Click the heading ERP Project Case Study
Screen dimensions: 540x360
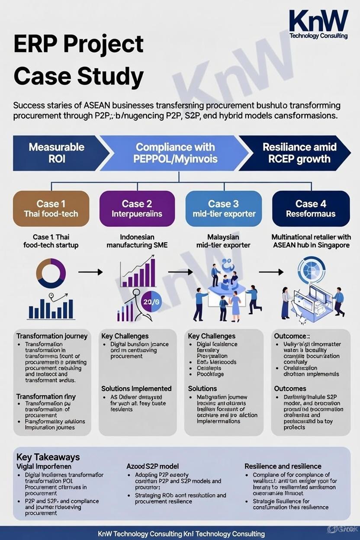(x=78, y=60)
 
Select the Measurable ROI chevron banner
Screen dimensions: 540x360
(x=57, y=153)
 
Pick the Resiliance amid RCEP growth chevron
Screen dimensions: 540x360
(x=299, y=153)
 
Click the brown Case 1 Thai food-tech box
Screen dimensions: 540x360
(x=51, y=209)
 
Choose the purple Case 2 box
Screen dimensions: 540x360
(x=137, y=209)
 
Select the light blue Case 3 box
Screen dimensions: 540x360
(x=223, y=209)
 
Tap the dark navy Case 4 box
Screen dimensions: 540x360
(x=310, y=209)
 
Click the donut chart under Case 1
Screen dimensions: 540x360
(x=51, y=273)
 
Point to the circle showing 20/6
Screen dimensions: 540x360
(x=151, y=301)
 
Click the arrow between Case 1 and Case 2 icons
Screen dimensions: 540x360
(x=90, y=272)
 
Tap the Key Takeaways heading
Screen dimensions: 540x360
(x=48, y=457)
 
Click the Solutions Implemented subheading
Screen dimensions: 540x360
(x=136, y=389)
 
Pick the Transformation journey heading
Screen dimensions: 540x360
(x=52, y=336)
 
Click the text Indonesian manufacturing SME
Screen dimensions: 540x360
(x=137, y=241)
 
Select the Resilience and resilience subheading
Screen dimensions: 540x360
(x=283, y=466)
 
